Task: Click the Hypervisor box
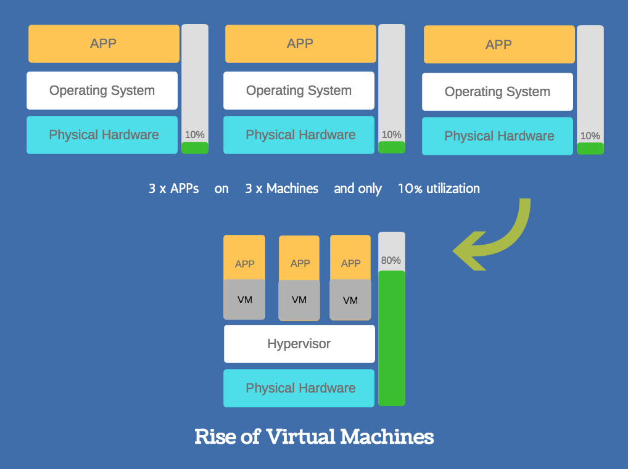coord(299,344)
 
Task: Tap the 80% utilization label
coord(391,260)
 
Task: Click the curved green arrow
coord(500,240)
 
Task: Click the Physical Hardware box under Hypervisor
coord(299,388)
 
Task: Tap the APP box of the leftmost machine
coord(103,44)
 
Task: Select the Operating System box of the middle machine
coord(299,91)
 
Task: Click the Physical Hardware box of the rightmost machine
coord(498,136)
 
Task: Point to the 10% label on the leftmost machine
coord(195,134)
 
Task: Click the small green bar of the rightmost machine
coord(590,149)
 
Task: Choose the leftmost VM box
coord(244,300)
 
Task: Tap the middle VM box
coord(299,300)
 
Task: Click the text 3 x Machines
coord(282,189)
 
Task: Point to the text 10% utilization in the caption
coord(439,189)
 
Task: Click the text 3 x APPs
coord(173,189)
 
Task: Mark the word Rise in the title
coord(213,436)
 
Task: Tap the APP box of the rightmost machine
coord(498,45)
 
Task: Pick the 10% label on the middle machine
coord(391,134)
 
